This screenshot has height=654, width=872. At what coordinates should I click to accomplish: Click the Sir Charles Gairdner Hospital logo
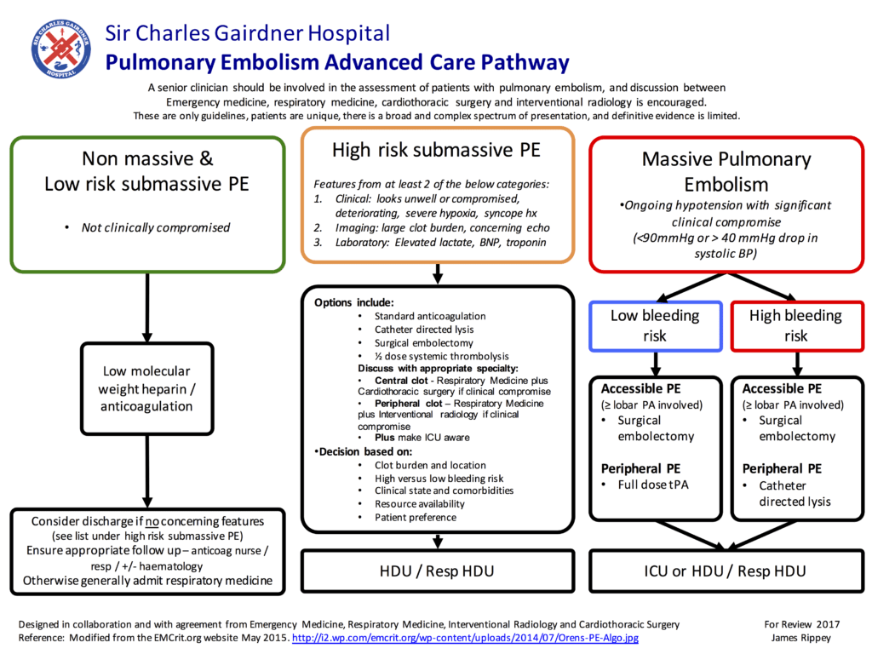tap(60, 49)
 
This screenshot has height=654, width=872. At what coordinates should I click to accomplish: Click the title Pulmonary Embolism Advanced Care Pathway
tap(337, 62)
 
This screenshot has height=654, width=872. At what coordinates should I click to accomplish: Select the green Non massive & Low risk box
tap(147, 204)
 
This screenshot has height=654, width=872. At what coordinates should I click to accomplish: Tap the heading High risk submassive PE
tap(436, 151)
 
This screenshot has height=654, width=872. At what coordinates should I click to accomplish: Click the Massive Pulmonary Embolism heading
tap(726, 171)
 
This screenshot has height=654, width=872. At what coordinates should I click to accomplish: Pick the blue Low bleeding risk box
tap(655, 325)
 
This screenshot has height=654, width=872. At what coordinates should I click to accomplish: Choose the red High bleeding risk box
tap(795, 325)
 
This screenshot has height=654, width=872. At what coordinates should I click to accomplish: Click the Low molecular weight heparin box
tap(147, 388)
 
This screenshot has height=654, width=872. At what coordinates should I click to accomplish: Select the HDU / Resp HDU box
tap(436, 571)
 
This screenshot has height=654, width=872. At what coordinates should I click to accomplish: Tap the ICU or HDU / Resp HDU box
tap(726, 571)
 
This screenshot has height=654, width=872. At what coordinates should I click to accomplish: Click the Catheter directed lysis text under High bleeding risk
tap(795, 493)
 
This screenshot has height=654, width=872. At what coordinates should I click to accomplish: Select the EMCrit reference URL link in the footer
tap(465, 638)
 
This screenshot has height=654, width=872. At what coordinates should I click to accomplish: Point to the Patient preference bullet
tap(415, 517)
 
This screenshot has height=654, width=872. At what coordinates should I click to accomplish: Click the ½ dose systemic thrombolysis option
tap(441, 356)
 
